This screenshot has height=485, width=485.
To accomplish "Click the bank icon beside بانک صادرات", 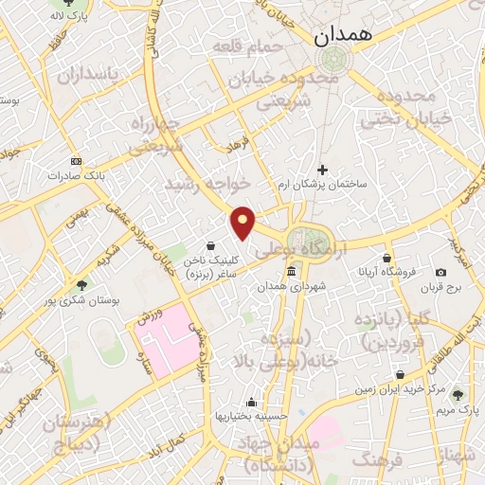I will click(76, 160).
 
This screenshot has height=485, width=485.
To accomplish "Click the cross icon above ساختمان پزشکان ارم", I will click(323, 171).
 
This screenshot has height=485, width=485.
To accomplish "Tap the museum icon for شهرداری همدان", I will click(289, 272).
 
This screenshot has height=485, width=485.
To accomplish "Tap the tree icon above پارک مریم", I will click(458, 395).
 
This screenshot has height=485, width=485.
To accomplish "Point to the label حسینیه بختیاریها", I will click(244, 416).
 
